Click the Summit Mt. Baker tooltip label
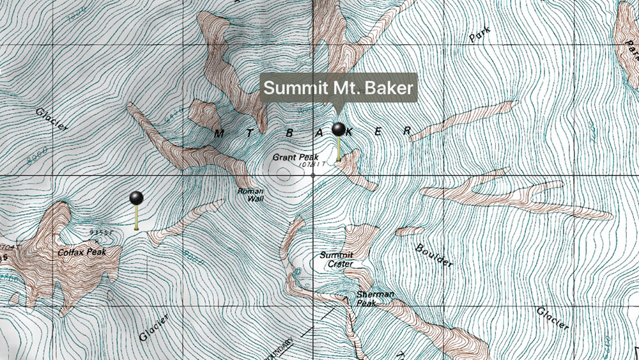pos(339,88)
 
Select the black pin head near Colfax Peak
pos(136,198)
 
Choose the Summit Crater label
pos(336,259)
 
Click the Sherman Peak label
pos(375,298)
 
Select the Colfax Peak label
pos(81,252)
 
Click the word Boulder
pos(435,255)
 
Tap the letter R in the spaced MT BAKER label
pos(406,130)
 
